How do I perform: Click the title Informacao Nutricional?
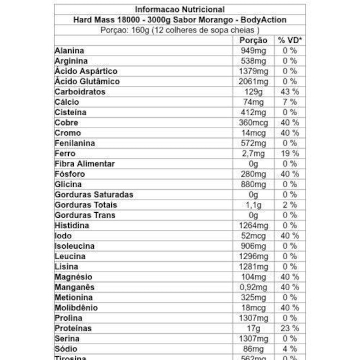[x=179, y=9]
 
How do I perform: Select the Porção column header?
[x=254, y=40]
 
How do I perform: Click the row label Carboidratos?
[x=80, y=92]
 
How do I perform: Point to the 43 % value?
[x=289, y=92]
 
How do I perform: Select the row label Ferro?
[x=65, y=154]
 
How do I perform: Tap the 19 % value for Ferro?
[x=289, y=154]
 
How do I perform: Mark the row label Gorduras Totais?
[x=86, y=205]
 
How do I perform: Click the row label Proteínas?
[x=73, y=328]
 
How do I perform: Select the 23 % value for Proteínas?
[x=289, y=328]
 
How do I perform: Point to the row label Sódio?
[x=65, y=349]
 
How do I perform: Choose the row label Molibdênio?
[x=76, y=308]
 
